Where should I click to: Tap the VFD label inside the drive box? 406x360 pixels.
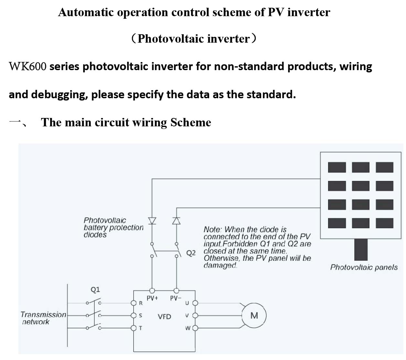point(164,317)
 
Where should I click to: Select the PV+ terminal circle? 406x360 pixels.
point(152,291)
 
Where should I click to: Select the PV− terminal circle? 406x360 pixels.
point(176,291)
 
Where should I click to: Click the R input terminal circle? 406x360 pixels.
point(134,303)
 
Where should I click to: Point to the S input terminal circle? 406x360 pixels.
point(134,315)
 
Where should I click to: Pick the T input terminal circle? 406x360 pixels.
point(134,328)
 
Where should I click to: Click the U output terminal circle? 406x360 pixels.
point(195,303)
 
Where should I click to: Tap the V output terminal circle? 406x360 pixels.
point(195,315)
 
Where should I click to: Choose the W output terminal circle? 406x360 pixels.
point(195,328)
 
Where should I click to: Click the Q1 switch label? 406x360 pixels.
point(95,290)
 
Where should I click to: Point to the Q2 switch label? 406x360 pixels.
point(191,253)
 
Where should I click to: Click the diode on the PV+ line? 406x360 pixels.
point(152,221)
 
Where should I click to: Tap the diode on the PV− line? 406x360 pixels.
point(176,221)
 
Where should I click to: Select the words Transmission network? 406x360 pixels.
point(43,318)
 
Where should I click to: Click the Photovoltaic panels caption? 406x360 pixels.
point(364,268)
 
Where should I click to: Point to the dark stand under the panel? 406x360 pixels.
point(361,249)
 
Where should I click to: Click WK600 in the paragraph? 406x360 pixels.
point(28,66)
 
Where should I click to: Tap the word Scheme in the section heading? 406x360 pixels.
point(191,122)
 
